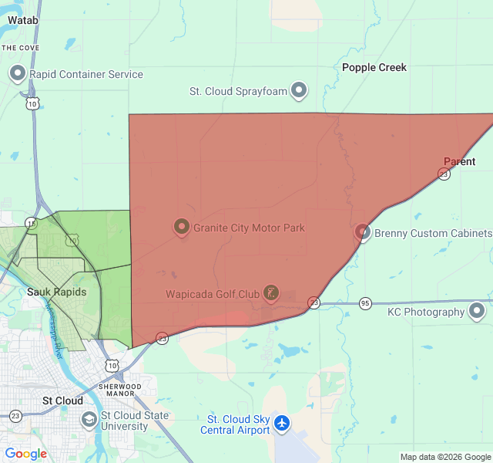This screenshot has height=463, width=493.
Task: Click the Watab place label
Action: (23, 20)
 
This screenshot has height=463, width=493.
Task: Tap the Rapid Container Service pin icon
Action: (18, 74)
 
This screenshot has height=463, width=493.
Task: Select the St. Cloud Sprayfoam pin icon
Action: (299, 91)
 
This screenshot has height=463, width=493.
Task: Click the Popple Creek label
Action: (374, 67)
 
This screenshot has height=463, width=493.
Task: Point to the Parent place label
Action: (459, 161)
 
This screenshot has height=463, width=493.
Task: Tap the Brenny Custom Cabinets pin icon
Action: (363, 232)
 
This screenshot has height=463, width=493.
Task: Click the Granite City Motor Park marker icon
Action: (182, 227)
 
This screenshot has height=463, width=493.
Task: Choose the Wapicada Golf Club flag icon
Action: (270, 292)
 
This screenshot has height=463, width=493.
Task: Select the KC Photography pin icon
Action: (477, 312)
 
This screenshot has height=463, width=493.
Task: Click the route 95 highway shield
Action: (365, 303)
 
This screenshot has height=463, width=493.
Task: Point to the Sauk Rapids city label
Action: (57, 292)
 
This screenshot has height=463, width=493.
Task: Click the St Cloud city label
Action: (62, 400)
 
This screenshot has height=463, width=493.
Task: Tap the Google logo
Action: (25, 454)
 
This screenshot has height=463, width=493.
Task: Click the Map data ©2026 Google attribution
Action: (445, 457)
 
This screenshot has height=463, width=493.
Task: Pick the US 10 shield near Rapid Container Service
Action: (32, 103)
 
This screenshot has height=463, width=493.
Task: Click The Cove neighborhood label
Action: (20, 47)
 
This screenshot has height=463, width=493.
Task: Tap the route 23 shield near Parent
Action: (444, 174)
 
